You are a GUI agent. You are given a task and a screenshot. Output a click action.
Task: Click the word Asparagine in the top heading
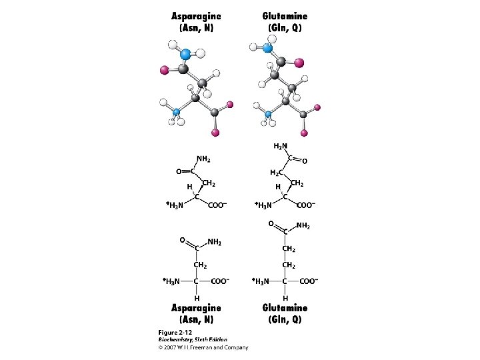pyautogui.click(x=196, y=17)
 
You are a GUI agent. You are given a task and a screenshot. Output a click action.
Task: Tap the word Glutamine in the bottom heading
pyautogui.click(x=285, y=308)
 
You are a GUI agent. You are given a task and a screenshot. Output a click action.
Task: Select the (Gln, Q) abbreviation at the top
pyautogui.click(x=285, y=29)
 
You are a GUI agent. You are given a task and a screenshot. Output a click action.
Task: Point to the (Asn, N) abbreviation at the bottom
pyautogui.click(x=196, y=319)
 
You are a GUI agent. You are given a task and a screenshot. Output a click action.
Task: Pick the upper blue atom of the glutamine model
pyautogui.click(x=268, y=48)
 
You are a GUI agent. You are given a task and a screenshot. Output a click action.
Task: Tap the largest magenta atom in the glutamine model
pyautogui.click(x=299, y=63)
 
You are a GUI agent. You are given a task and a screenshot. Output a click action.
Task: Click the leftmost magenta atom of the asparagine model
pyautogui.click(x=163, y=69)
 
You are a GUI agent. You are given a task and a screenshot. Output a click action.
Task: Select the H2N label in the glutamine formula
pyautogui.click(x=281, y=146)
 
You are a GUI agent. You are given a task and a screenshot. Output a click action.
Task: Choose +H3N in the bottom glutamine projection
pyautogui.click(x=261, y=281)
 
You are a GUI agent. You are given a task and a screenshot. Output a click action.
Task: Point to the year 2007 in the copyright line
pyautogui.click(x=171, y=347)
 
